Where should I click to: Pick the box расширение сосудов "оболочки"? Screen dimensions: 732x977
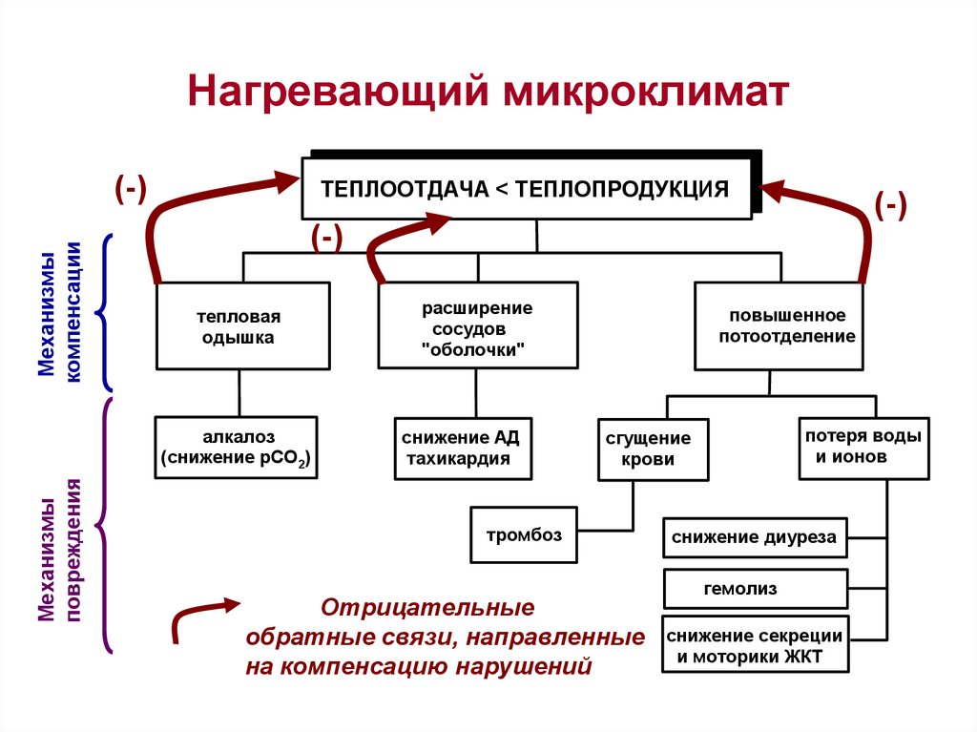click(478, 325)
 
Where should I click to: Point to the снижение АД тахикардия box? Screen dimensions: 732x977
click(461, 448)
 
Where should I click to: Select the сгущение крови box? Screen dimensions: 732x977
click(654, 450)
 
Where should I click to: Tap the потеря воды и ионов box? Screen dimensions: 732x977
click(863, 447)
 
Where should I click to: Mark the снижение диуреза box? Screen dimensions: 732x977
click(754, 537)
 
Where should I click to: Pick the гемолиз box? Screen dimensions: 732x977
click(754, 588)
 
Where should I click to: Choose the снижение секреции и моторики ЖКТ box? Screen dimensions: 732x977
click(754, 645)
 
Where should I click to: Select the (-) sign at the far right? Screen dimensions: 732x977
click(889, 206)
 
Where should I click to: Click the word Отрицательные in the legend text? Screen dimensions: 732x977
click(426, 608)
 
